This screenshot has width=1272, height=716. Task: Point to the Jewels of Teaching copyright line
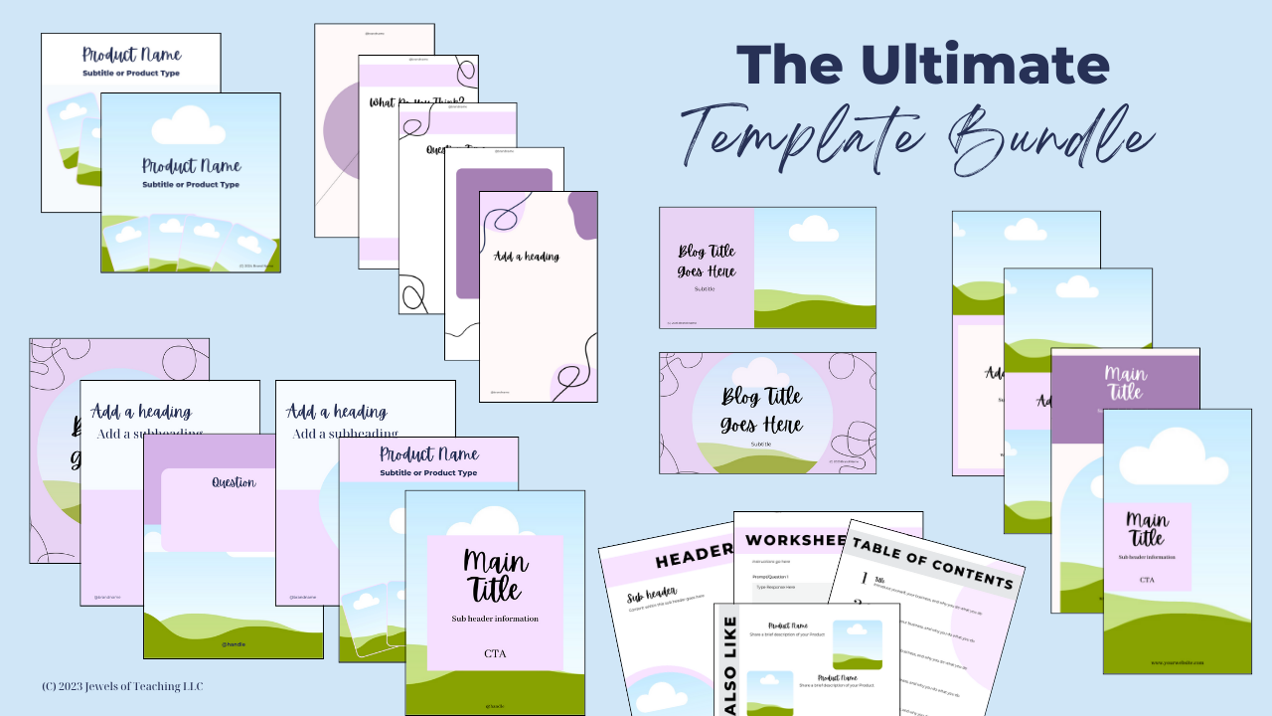[x=122, y=686]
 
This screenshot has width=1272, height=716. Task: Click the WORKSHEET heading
[x=795, y=540]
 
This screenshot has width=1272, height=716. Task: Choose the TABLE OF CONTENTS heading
[x=932, y=564]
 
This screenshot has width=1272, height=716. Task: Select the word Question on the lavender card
[x=234, y=482]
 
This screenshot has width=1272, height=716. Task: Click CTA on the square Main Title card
[x=495, y=653]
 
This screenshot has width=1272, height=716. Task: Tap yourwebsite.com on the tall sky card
[x=1178, y=662]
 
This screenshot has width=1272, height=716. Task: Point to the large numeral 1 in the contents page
[x=865, y=578]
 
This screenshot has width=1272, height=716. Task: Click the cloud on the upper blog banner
[x=813, y=230]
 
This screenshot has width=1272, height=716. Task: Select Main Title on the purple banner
[x=1125, y=383]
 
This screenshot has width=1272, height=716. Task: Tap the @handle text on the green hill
[x=234, y=644]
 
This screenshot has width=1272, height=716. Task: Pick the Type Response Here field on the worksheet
[x=785, y=588]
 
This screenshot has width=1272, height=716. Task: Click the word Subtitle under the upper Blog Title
[x=705, y=289]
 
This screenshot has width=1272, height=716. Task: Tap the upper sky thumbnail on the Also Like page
[x=857, y=642]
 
